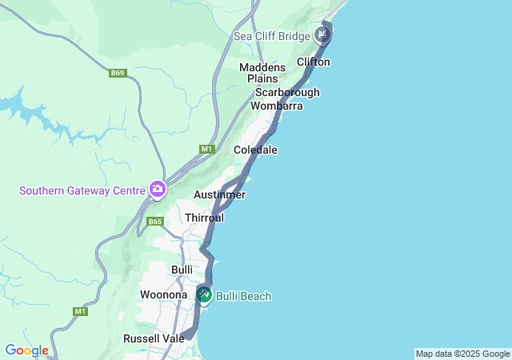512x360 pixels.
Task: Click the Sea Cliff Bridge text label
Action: click(271, 36)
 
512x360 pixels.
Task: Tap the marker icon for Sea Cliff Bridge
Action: click(322, 34)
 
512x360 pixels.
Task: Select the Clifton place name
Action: click(314, 62)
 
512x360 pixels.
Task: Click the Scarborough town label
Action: click(287, 92)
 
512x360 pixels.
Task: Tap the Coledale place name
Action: click(255, 150)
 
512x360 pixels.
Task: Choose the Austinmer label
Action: click(219, 194)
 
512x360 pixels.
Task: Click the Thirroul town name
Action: click(204, 218)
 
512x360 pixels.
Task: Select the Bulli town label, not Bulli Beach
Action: click(182, 270)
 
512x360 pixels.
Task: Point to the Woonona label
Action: click(163, 294)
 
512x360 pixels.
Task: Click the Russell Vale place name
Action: click(154, 338)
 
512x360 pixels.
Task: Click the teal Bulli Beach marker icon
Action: click(204, 295)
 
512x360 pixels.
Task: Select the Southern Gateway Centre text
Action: click(82, 190)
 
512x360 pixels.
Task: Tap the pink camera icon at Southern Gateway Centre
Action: click(157, 190)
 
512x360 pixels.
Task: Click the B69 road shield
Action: click(118, 73)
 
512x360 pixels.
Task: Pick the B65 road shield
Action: click(155, 221)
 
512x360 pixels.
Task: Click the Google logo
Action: click(26, 350)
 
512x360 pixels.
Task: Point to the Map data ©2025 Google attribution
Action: click(462, 354)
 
